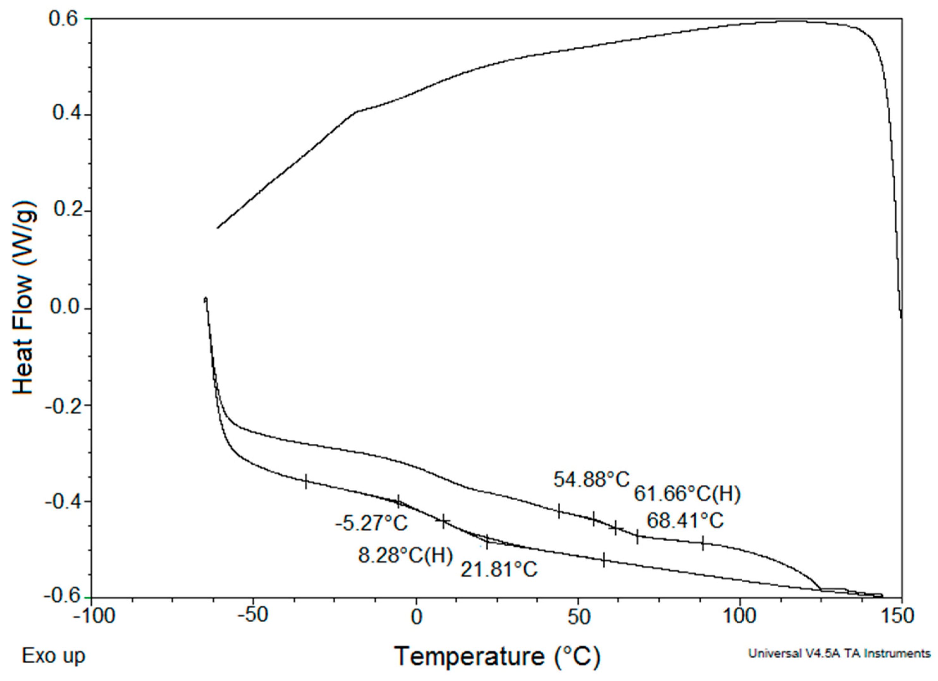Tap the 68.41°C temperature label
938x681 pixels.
pos(685,520)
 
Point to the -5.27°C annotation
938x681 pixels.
pos(371,523)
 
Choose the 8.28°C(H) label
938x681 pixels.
pos(405,555)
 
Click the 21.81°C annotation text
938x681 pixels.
pos(499,570)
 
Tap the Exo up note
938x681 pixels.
pos(53,656)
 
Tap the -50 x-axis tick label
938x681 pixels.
pos(253,617)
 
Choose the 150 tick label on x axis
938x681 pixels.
pos(901,617)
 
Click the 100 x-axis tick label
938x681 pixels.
pos(740,617)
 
